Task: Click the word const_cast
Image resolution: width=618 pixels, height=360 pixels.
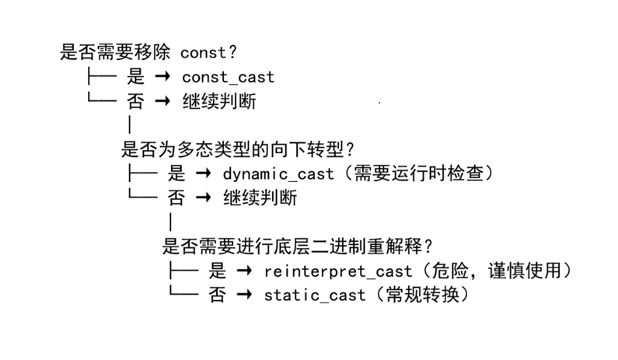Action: pos(228,77)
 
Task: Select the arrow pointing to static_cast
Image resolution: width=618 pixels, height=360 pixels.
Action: pos(244,295)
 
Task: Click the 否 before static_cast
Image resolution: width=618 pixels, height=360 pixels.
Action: pos(218,295)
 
